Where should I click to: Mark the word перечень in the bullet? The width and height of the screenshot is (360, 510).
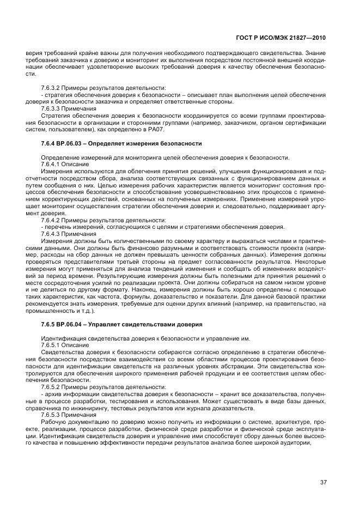[x=58, y=227]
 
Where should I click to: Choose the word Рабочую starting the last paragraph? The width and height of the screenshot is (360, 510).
[x=54, y=422]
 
